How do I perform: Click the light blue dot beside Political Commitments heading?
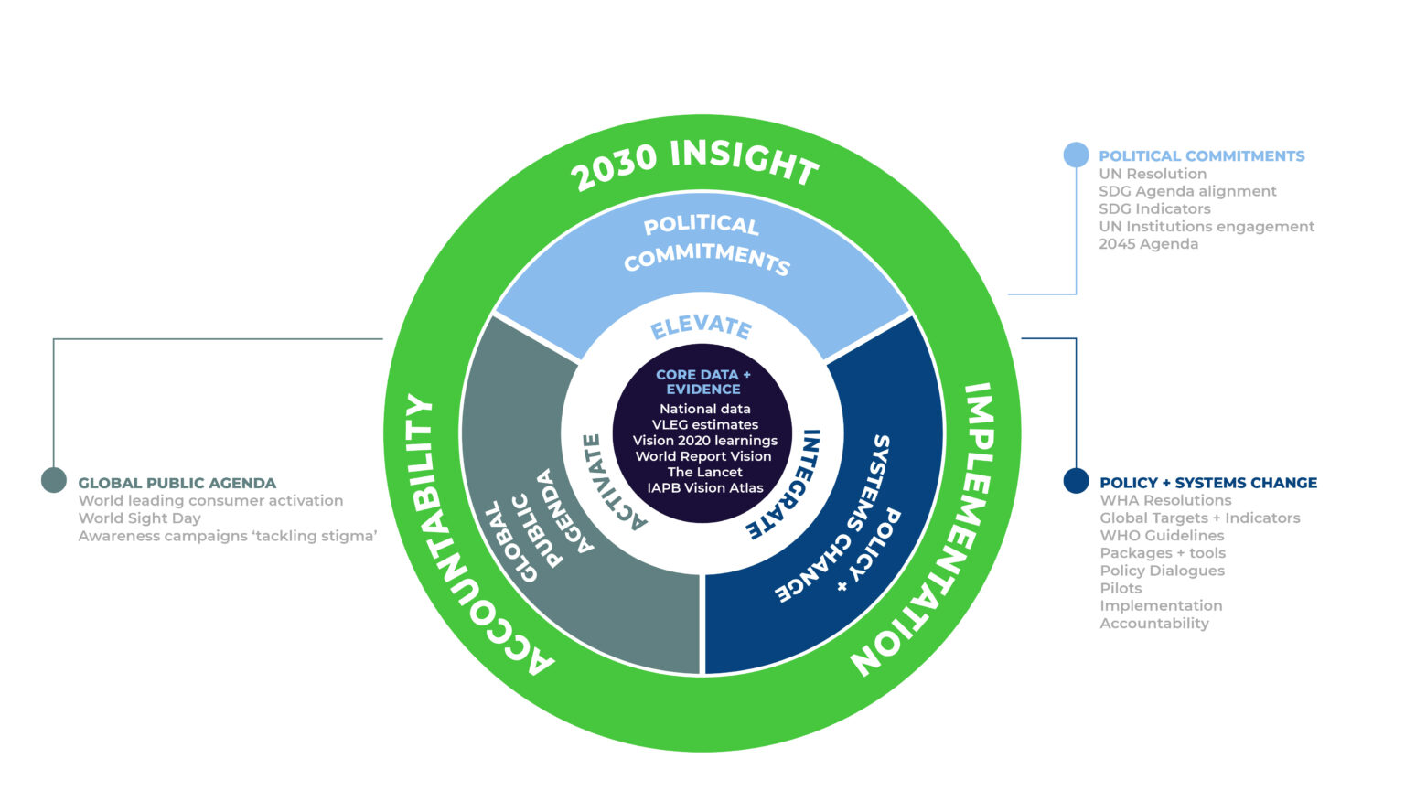(x=1076, y=155)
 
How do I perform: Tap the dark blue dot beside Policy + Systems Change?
(x=1076, y=481)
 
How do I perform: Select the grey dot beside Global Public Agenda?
(x=54, y=480)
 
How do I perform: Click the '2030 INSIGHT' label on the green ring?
(x=695, y=163)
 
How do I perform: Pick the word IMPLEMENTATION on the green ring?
(x=937, y=530)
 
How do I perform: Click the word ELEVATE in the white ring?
(x=702, y=326)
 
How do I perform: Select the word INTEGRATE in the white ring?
(x=787, y=483)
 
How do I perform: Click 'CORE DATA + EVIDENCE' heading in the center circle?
(x=703, y=382)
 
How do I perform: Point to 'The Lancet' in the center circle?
(x=704, y=472)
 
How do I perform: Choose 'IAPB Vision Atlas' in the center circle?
(x=704, y=488)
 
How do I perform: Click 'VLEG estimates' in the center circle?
(x=704, y=425)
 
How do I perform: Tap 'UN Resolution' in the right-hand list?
(x=1153, y=174)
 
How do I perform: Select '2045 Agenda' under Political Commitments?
(x=1148, y=244)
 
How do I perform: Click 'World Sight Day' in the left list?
(x=139, y=518)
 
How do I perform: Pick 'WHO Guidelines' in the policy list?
(x=1162, y=536)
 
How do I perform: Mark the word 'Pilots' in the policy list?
(x=1121, y=588)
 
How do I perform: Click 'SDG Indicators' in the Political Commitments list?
(x=1154, y=208)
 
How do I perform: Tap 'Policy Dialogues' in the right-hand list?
(x=1162, y=571)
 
